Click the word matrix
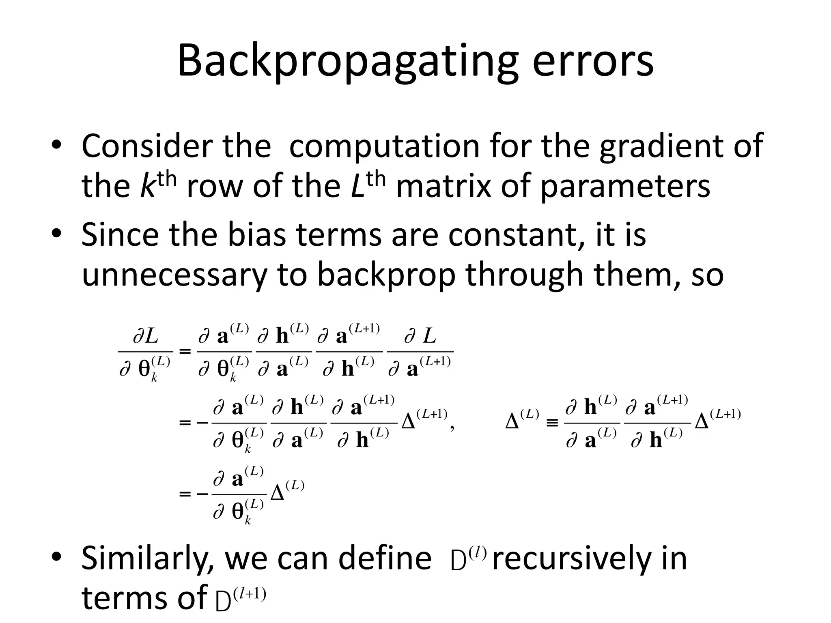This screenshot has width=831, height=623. click(x=443, y=186)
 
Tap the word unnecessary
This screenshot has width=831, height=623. click(x=174, y=276)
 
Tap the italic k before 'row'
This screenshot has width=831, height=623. click(x=147, y=186)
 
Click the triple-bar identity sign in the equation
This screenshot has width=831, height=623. click(x=552, y=423)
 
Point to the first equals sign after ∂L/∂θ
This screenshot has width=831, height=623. click(x=185, y=351)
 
